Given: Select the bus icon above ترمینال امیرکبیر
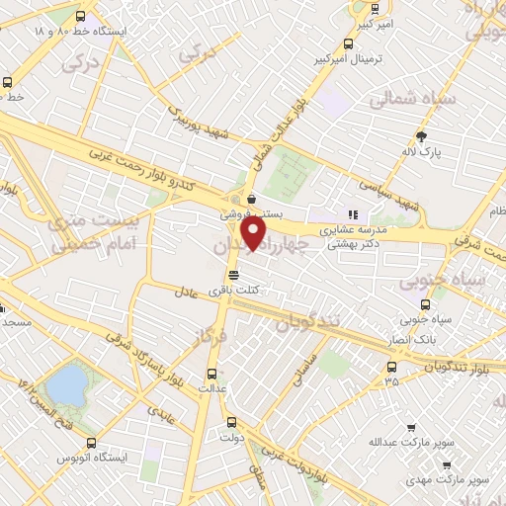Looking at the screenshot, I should tap(347, 43).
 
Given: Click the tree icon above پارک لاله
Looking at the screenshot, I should tap(422, 136).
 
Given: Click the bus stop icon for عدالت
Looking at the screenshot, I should tap(211, 373).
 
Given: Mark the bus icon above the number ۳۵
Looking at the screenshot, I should tap(392, 368).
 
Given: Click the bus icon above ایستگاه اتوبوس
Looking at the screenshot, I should tap(91, 443).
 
